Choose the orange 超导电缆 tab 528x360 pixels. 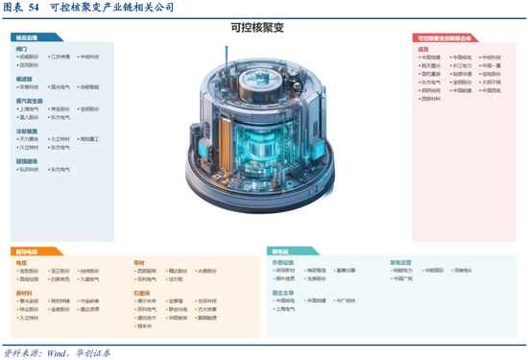coord(26,252)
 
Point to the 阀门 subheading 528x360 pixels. coord(22,47)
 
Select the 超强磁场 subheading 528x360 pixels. coord(27,160)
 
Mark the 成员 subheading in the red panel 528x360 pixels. coord(422,47)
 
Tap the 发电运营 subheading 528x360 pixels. coord(399,261)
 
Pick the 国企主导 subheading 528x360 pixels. coord(282,292)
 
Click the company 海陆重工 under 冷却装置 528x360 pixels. coord(89,138)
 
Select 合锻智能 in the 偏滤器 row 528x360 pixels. coord(89,86)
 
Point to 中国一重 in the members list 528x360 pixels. coord(491,65)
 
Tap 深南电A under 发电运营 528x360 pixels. coord(463,270)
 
